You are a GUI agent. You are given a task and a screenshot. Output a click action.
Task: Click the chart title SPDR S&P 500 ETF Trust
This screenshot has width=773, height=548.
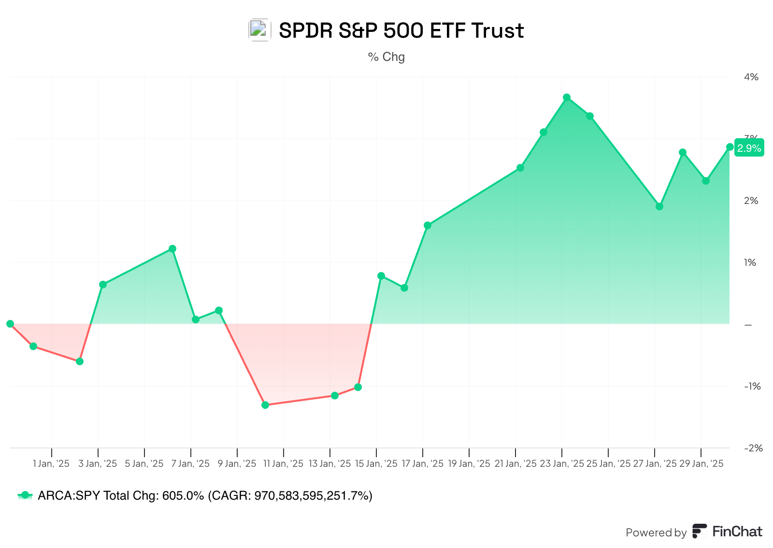tap(401, 30)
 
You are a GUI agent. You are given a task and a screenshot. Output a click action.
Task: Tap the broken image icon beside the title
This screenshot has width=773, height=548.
tap(259, 30)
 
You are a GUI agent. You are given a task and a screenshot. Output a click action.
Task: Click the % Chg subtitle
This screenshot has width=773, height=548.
tap(386, 57)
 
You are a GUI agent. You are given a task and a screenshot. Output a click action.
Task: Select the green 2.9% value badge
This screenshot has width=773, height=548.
tap(749, 148)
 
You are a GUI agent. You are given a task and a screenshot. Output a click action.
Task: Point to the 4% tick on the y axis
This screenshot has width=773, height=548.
tap(751, 77)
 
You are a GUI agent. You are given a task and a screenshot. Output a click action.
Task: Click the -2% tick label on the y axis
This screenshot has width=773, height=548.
tap(752, 448)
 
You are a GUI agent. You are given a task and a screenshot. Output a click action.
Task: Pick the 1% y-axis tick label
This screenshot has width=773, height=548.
tap(750, 262)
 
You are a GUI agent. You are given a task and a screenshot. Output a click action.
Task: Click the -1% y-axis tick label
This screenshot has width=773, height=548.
tap(752, 386)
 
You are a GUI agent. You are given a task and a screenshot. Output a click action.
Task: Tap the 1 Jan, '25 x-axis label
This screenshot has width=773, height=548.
tap(51, 464)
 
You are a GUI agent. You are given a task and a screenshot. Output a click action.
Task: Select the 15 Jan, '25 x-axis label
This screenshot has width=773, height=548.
tap(376, 464)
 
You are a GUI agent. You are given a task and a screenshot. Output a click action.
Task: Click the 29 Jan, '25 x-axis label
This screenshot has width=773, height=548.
tap(701, 464)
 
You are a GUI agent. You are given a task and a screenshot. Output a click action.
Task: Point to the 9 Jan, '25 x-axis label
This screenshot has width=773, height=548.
tap(237, 464)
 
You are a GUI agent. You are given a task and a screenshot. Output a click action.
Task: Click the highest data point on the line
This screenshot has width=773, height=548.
tap(567, 98)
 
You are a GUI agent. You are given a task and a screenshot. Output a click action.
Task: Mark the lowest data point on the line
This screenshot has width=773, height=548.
tap(265, 405)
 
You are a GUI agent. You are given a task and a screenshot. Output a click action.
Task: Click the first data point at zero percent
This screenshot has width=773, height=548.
tap(10, 324)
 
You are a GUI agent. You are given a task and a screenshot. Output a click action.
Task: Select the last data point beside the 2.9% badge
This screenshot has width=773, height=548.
tap(730, 147)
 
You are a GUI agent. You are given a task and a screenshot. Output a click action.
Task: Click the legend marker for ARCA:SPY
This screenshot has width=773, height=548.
tap(25, 495)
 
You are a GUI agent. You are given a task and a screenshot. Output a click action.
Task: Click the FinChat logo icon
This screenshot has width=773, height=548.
tap(699, 531)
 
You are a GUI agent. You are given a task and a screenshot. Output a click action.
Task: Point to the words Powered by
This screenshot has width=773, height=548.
tap(656, 533)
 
